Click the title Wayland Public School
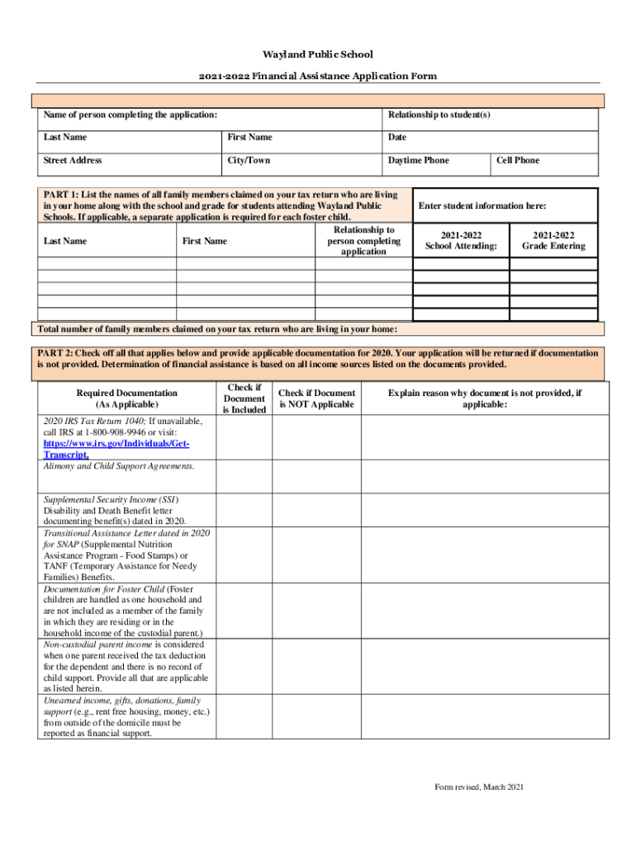click(318, 54)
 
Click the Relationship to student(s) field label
click(439, 115)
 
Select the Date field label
click(397, 137)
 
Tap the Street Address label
click(73, 160)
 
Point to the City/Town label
click(249, 160)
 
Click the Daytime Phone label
click(419, 160)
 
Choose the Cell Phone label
click(517, 160)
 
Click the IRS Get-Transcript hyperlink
click(116, 449)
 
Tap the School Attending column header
click(461, 240)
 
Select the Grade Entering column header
click(553, 240)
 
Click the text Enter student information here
click(482, 205)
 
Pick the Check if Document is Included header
click(244, 398)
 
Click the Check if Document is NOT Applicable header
click(316, 399)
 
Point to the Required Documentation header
click(126, 399)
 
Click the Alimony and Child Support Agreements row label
click(119, 466)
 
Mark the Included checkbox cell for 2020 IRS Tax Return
click(244, 437)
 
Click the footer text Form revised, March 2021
click(479, 787)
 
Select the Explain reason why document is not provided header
click(485, 399)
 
